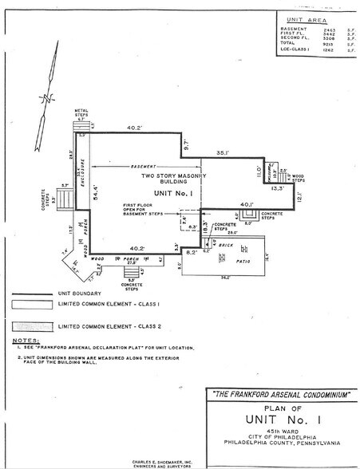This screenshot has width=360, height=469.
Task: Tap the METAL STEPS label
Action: click(x=82, y=112)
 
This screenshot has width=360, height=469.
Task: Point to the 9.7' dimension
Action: click(x=186, y=145)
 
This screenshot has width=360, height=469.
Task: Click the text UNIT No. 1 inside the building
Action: click(x=164, y=193)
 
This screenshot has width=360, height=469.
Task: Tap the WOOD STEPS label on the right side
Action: click(x=296, y=178)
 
